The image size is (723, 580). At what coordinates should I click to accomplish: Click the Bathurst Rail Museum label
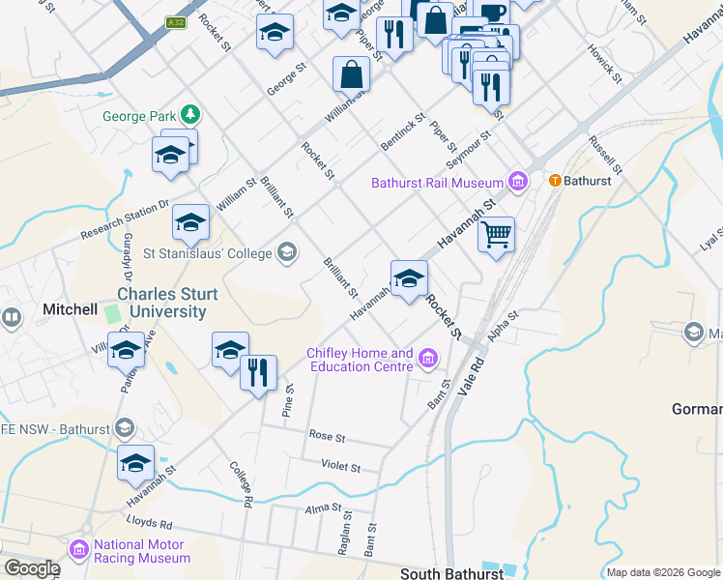[x=438, y=182]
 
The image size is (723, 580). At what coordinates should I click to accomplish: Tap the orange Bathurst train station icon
[x=555, y=181]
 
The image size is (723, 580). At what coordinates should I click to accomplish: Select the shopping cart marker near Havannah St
[x=496, y=235]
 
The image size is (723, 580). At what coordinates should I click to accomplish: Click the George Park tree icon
[x=191, y=115]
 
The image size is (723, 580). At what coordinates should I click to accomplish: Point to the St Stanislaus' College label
[x=208, y=254]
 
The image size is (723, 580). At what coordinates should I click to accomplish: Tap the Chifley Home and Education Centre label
[x=361, y=360]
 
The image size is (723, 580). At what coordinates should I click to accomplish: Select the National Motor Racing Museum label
[x=142, y=551]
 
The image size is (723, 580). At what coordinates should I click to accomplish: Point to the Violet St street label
[x=341, y=466]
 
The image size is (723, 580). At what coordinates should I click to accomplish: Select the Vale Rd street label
[x=471, y=373]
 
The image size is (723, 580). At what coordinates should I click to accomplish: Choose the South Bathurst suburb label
[x=451, y=573]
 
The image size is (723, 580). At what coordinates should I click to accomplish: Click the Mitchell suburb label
[x=70, y=309]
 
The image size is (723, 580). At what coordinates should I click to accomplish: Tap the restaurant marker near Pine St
[x=258, y=373]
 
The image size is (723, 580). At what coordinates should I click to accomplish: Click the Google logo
[x=32, y=567]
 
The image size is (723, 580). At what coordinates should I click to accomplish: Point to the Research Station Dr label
[x=125, y=220]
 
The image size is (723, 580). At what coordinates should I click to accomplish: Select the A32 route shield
[x=175, y=22]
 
